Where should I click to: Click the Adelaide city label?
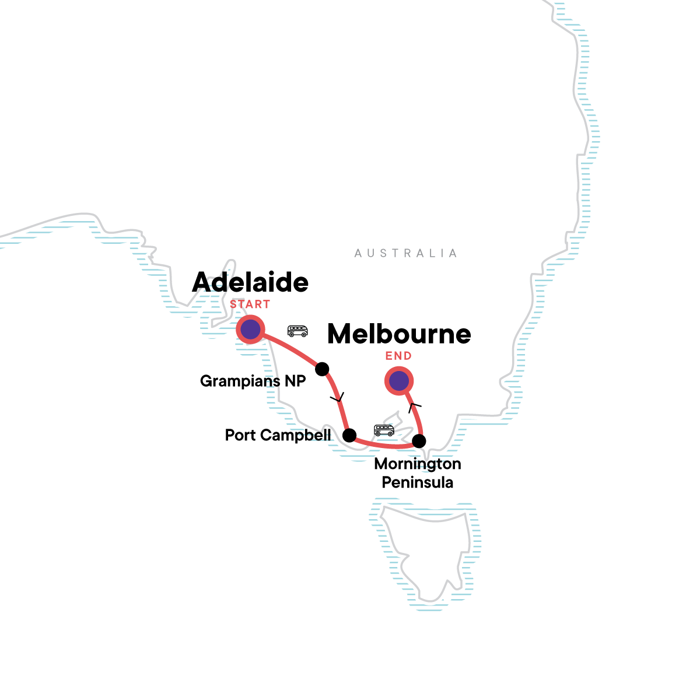pos(250,283)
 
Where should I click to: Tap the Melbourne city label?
pos(399,334)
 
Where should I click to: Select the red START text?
pos(250,304)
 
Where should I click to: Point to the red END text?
pos(398,356)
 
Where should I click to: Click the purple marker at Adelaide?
pos(250,330)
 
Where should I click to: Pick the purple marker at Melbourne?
pos(399,381)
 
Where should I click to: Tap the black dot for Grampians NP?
pos(322,369)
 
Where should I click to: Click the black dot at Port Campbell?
pos(349,435)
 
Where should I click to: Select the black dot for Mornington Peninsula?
pos(418,440)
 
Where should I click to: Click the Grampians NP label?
pos(253,381)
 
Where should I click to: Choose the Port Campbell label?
pos(278,435)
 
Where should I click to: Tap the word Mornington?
pos(418,464)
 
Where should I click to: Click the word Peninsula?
pos(418,482)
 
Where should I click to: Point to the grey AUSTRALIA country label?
pos(405,253)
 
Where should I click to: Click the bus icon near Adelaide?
pos(297,331)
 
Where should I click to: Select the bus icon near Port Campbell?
pos(384,430)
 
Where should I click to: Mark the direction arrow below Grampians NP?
pos(338,398)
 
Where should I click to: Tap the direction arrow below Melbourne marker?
pos(415,405)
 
